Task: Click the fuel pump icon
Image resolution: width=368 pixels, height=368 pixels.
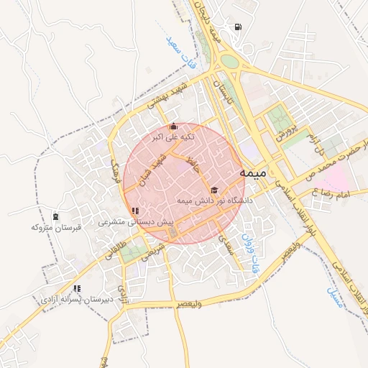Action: tap(238, 28)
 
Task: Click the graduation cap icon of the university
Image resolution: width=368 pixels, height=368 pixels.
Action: tap(214, 190)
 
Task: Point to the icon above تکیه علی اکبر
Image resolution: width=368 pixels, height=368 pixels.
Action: tap(172, 127)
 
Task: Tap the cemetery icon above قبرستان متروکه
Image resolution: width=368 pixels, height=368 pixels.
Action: tap(56, 216)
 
